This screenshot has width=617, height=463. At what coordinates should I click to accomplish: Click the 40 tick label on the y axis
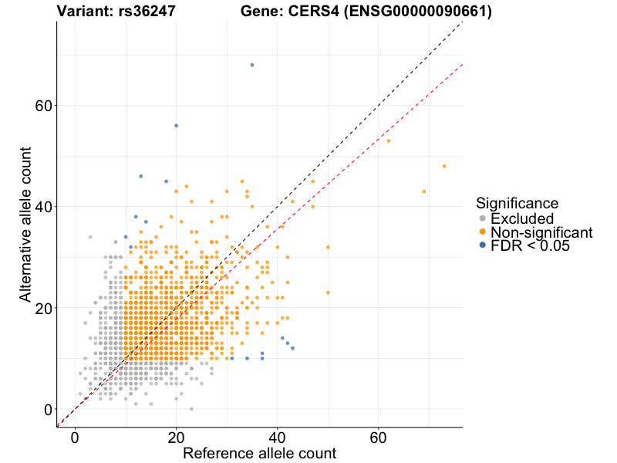pos(42,207)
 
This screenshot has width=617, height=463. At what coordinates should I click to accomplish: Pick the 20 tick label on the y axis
pos(42,308)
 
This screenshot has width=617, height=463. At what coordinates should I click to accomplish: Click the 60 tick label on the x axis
pos(379,438)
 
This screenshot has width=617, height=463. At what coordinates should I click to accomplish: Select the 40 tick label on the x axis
pos(278,438)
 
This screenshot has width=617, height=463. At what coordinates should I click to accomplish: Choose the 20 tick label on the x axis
pos(177,438)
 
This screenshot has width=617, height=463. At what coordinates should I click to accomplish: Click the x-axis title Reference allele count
pos(259,453)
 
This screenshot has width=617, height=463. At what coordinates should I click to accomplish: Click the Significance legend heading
pos(517,204)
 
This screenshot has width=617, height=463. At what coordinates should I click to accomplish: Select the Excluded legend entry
pos(522,218)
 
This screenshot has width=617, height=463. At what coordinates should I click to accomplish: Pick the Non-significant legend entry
pos(541,232)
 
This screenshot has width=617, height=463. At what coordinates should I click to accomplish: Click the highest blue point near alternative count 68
pos(252,65)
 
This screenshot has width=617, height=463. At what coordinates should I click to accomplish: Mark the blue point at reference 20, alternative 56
pos(177,126)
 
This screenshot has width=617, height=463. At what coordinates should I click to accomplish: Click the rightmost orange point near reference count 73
pos(444,166)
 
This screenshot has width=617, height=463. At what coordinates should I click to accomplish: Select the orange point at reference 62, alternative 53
pos(389,141)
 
